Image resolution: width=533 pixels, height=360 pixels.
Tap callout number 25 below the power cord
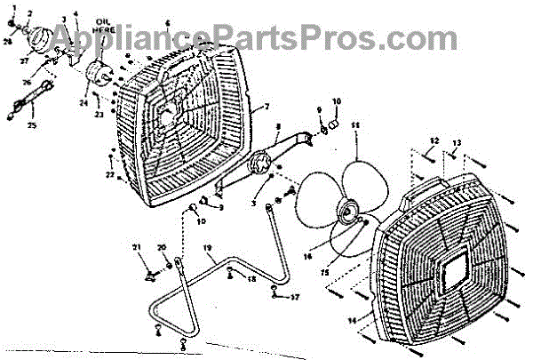[33, 125]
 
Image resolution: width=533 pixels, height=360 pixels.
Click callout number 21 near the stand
[137, 246]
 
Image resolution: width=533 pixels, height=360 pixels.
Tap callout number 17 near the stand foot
[297, 297]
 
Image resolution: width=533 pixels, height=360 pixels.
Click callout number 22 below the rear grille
[108, 175]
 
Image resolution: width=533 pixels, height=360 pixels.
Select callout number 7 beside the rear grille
[265, 107]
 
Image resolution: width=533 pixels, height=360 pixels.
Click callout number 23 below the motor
[99, 114]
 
